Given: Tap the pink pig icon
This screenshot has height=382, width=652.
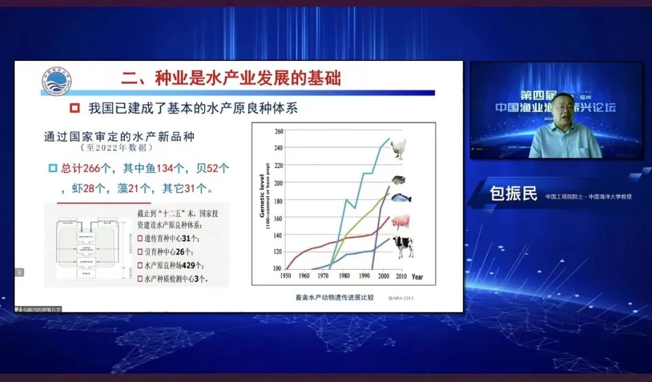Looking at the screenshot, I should click(400, 221).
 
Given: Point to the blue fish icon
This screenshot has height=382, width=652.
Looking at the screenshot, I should click(400, 197).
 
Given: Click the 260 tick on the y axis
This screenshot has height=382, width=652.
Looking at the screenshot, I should click(278, 131).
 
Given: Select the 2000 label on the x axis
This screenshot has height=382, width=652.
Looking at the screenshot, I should click(383, 276).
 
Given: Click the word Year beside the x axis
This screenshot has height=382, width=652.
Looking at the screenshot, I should click(417, 277).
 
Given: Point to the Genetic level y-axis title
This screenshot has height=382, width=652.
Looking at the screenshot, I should click(263, 199).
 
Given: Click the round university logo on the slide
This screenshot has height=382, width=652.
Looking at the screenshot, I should click(56, 82).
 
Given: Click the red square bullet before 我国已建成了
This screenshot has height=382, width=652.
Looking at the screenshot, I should click(75, 109).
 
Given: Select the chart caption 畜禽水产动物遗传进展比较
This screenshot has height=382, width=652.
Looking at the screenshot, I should click(334, 297).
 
